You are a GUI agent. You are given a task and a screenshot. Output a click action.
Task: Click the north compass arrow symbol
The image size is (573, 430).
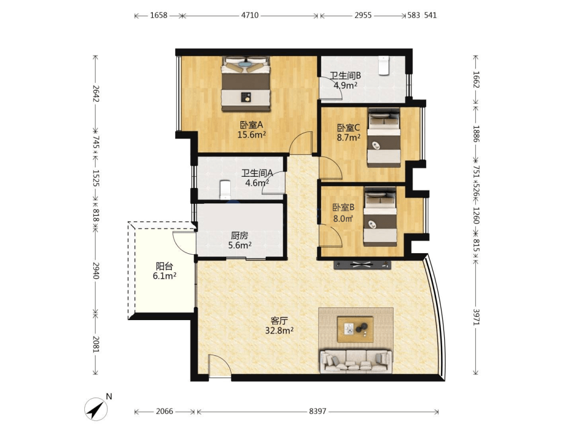tap(96, 409)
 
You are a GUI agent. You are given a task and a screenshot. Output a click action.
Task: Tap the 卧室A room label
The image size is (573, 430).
tap(251, 125)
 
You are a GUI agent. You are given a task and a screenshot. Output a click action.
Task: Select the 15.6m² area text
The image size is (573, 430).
tap(251, 134)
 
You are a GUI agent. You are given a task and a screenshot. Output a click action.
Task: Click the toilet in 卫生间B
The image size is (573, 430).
tap(383, 65)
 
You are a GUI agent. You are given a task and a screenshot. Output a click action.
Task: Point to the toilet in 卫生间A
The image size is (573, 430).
tap(225, 190)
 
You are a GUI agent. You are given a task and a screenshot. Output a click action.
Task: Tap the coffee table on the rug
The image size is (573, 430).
tap(355, 330)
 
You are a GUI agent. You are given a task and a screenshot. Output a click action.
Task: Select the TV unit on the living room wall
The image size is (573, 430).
tap(362, 265)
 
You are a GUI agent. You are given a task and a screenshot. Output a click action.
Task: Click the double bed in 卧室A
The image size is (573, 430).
tap(246, 84)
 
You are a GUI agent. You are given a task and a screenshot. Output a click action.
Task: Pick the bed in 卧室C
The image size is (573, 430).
tap(384, 137)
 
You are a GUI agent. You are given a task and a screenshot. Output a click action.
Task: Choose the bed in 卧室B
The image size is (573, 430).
tap(380, 217)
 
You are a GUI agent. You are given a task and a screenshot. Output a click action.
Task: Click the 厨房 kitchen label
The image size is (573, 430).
tap(240, 236)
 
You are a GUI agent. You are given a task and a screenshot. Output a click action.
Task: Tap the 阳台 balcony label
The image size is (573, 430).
tap(164, 266)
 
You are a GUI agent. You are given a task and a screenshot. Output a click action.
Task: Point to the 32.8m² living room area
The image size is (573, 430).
tap(280, 331)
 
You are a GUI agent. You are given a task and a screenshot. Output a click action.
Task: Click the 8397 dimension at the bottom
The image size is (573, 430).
tap(318, 411)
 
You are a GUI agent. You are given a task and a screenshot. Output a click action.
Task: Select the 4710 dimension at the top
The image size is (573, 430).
tap(249, 15)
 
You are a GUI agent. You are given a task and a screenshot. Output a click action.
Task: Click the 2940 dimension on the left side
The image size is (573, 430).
tap(95, 270)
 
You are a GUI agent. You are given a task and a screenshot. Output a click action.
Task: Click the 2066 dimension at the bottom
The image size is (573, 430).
tap(164, 411)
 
